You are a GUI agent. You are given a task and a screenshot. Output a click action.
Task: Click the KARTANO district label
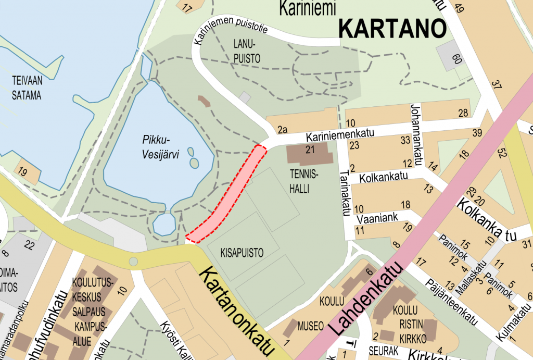392,29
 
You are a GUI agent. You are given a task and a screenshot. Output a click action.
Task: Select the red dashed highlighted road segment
227,194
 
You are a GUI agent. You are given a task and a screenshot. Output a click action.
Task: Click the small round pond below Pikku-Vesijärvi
164,225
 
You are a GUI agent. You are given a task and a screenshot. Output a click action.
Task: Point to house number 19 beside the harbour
22,171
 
